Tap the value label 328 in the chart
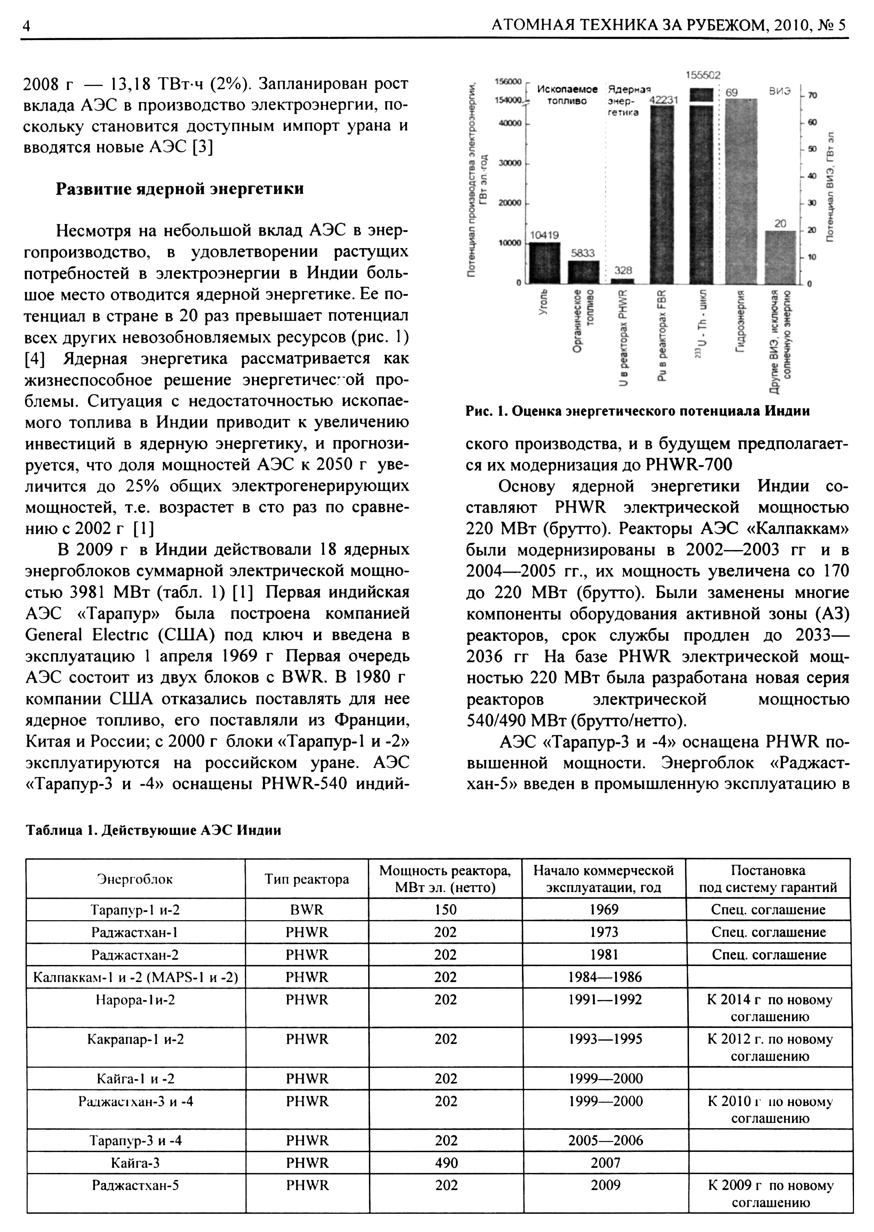623,270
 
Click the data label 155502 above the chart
703,75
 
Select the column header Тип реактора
307,879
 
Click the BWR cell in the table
307,910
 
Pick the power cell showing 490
446,1163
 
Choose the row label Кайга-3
135,1163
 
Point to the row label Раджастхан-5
135,1185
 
